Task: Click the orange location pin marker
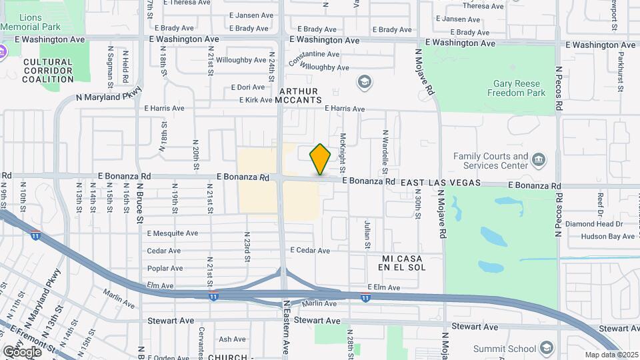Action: click(320, 159)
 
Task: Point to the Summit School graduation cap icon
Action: click(547, 348)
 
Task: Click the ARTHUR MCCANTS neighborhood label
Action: click(299, 95)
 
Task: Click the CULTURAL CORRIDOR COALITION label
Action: click(47, 71)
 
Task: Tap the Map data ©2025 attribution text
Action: click(611, 355)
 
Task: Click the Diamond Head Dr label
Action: click(593, 224)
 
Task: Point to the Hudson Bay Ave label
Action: click(598, 236)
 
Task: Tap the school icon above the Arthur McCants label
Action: click(364, 82)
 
